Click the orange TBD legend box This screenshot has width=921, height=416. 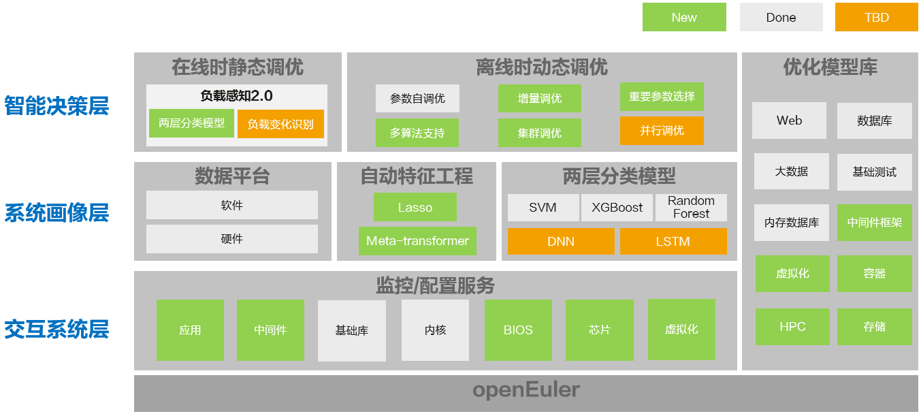coord(876,18)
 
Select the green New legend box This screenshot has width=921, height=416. coord(684,18)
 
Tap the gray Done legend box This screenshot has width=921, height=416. coord(781,18)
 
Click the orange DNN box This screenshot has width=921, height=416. coord(561,241)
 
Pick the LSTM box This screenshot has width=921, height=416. coord(673,241)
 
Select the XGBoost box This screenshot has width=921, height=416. coord(617,208)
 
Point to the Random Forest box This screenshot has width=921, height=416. coord(691,208)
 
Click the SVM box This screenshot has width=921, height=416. coord(543,208)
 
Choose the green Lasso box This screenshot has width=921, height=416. coord(415,208)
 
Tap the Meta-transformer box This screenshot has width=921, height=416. coord(417,241)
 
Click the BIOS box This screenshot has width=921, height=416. coord(518,330)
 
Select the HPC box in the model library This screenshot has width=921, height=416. coord(792,327)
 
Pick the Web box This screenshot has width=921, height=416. coord(789,121)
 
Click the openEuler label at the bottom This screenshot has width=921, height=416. coord(526,390)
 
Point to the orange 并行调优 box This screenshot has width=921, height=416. coord(662,131)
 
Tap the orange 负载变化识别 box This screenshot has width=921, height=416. coord(280,124)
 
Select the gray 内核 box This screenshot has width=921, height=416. coord(435,330)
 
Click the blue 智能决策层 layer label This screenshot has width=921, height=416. coord(56,106)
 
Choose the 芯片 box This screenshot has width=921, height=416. coord(599,330)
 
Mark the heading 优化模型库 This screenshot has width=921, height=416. coord(830,67)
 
